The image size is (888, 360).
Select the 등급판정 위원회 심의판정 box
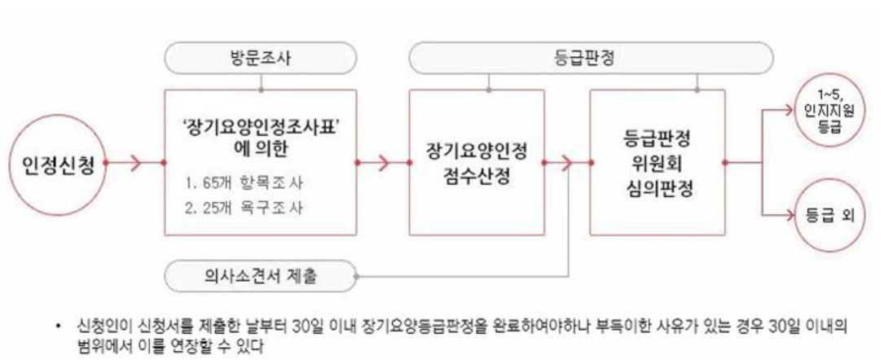coord(657,162)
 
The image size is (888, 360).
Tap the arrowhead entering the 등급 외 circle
coord(787,216)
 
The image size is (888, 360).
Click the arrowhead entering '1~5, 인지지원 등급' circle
coord(787,111)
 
